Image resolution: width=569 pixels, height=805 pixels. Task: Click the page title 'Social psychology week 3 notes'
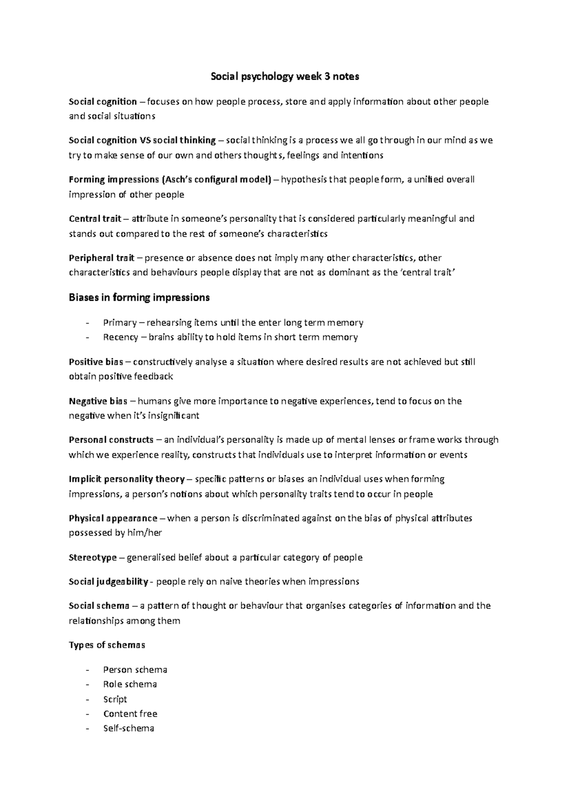tap(284, 76)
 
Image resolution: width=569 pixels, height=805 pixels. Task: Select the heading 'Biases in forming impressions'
tap(139, 298)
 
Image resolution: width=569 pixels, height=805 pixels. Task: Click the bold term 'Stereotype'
tap(92, 558)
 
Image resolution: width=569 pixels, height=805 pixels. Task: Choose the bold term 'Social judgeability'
tap(108, 582)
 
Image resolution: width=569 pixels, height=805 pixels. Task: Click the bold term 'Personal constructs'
tap(111, 440)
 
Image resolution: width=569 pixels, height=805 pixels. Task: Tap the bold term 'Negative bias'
tap(98, 401)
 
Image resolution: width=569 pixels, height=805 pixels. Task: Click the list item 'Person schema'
tap(135, 670)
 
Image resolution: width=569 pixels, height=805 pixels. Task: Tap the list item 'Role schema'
tap(130, 684)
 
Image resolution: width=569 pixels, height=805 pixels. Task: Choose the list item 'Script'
tap(115, 699)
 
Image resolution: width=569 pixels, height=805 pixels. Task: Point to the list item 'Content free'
tap(130, 714)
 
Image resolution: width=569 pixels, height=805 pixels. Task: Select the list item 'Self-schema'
tap(128, 728)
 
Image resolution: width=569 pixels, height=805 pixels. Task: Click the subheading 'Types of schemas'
tap(107, 645)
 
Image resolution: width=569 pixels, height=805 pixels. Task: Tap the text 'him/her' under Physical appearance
tap(145, 533)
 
